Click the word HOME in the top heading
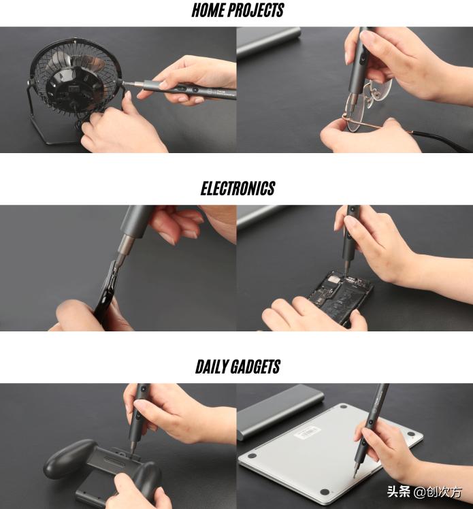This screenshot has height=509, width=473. click(x=208, y=10)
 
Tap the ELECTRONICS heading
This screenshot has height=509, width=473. click(x=238, y=188)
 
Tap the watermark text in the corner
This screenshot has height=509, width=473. click(x=425, y=492)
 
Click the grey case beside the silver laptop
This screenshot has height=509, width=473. click(x=281, y=410)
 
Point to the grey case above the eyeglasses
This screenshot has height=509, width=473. click(x=269, y=42)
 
